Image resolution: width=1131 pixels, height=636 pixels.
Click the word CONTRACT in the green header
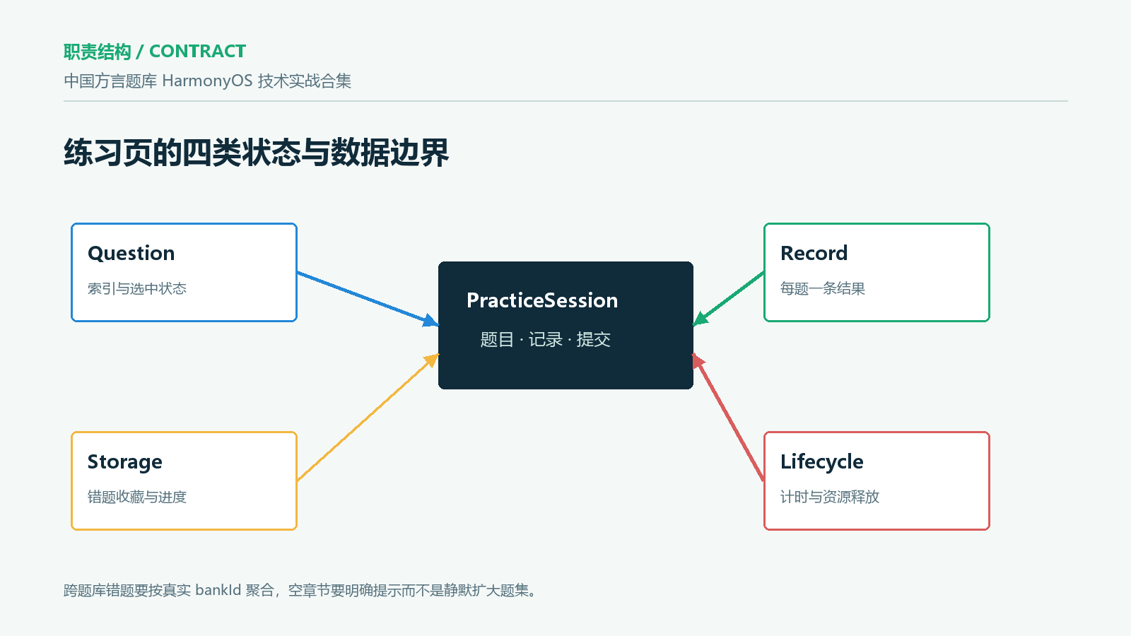(197, 51)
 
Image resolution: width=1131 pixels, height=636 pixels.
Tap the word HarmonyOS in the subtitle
(207, 81)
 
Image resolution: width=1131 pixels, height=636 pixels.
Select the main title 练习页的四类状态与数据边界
(256, 152)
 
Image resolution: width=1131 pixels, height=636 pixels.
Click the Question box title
(131, 254)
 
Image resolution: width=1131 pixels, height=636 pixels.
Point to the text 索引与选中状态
(137, 289)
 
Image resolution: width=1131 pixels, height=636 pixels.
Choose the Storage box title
(124, 462)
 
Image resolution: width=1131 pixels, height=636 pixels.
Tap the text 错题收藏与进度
(137, 497)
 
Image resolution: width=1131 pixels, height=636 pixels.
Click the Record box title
(814, 254)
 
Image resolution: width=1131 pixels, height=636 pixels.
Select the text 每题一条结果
(823, 289)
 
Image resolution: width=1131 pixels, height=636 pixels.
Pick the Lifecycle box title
(822, 462)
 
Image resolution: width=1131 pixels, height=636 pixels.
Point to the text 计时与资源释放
(830, 497)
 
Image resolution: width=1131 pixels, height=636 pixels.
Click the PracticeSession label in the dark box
(542, 300)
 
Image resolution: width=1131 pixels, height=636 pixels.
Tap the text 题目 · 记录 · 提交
(545, 340)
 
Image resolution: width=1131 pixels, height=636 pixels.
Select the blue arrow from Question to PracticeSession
(368, 299)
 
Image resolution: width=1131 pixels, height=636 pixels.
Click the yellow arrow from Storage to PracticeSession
(368, 418)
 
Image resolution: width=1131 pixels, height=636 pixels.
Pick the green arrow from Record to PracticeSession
(728, 299)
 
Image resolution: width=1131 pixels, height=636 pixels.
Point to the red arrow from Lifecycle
(728, 418)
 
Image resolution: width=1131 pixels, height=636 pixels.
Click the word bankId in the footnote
(218, 590)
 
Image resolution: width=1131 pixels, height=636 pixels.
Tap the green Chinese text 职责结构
(98, 52)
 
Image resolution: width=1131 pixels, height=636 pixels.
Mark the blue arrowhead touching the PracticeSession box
(430, 321)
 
